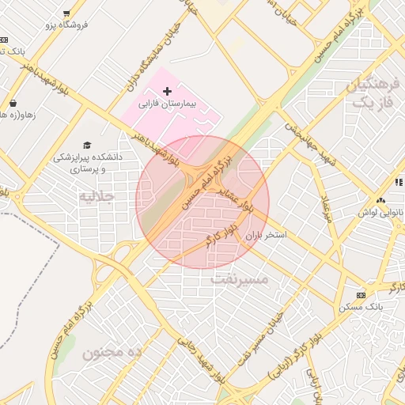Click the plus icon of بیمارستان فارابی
[167, 92]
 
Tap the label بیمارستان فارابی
[167, 104]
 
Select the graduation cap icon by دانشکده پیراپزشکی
[86, 145]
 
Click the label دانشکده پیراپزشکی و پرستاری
[87, 163]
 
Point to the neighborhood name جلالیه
[97, 195]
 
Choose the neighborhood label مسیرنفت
[240, 279]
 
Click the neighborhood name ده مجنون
[112, 352]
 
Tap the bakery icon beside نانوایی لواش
[382, 201]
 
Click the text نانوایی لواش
[382, 213]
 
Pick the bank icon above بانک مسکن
[361, 294]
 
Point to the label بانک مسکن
[362, 305]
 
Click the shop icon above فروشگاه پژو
[66, 13]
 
